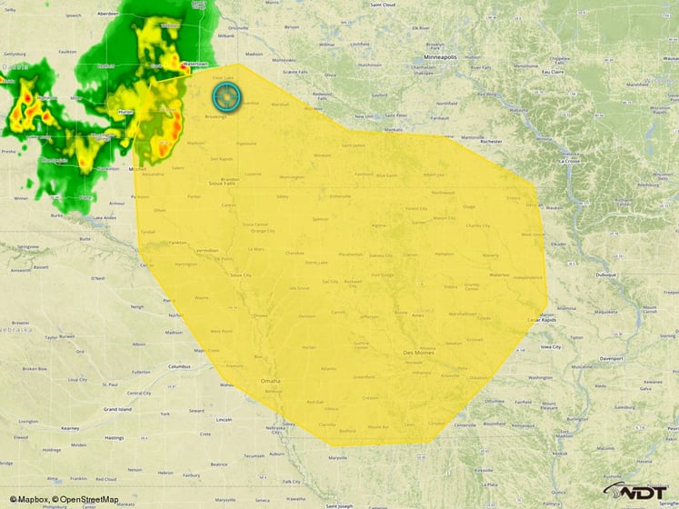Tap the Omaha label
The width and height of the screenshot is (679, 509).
(270, 381)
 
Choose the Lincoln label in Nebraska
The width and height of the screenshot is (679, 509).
(225, 420)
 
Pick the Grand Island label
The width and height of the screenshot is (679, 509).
(118, 410)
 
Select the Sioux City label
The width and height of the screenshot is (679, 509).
(240, 274)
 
